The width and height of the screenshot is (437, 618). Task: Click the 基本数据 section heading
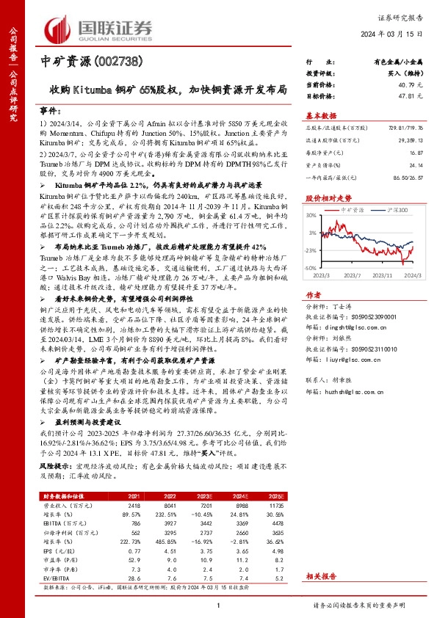point(321,115)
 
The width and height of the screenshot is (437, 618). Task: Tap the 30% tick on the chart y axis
point(311,215)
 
